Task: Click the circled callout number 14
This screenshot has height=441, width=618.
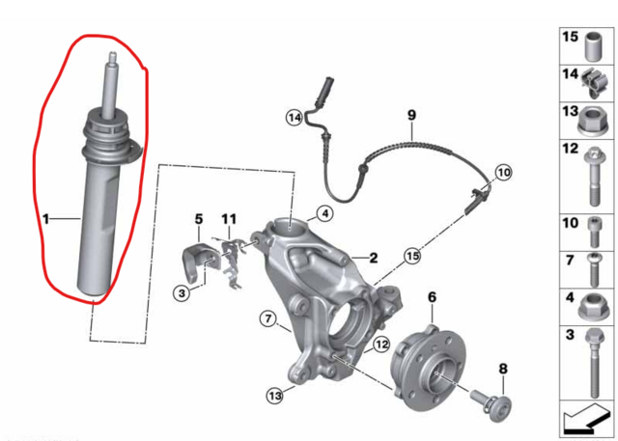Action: [x=295, y=118]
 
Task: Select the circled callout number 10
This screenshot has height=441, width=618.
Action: [x=504, y=173]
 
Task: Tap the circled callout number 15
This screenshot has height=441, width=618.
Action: [x=412, y=257]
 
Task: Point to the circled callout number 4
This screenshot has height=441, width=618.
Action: [x=324, y=214]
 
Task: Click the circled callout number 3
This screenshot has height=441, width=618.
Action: [x=182, y=293]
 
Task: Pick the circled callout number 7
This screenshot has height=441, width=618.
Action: [x=268, y=318]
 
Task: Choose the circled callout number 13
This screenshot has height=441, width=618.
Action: [x=274, y=395]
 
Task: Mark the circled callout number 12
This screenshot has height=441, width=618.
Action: [x=381, y=345]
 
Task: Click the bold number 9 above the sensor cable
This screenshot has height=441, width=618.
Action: [x=411, y=116]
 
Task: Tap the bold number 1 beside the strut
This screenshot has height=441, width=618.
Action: [x=46, y=219]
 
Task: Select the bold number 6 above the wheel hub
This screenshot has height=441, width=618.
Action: [x=433, y=297]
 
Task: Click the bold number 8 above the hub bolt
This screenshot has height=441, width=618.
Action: [x=503, y=369]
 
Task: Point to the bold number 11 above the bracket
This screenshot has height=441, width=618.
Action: [x=229, y=219]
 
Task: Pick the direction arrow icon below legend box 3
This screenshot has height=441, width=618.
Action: [x=587, y=418]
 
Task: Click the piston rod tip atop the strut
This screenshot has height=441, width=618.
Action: [x=112, y=55]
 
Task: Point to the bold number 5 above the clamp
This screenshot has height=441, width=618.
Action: [x=199, y=219]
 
